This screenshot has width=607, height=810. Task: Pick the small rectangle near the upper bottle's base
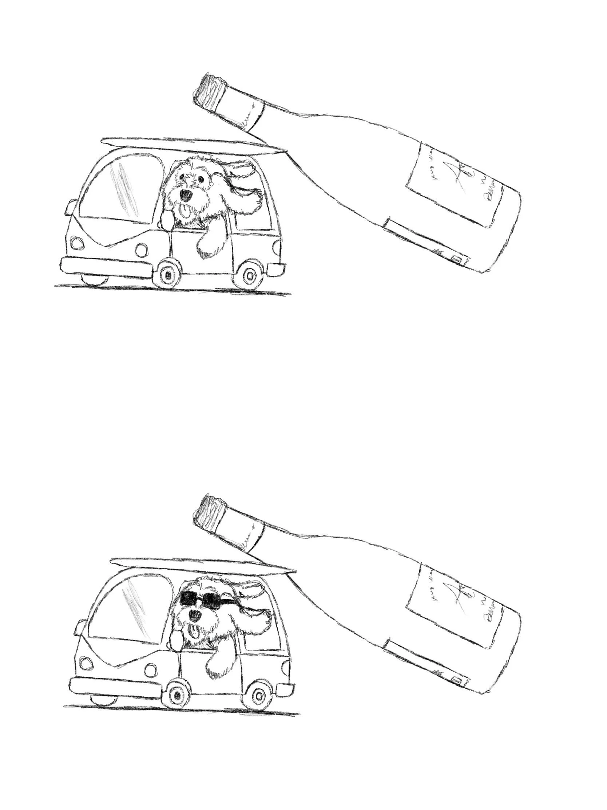point(456,259)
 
